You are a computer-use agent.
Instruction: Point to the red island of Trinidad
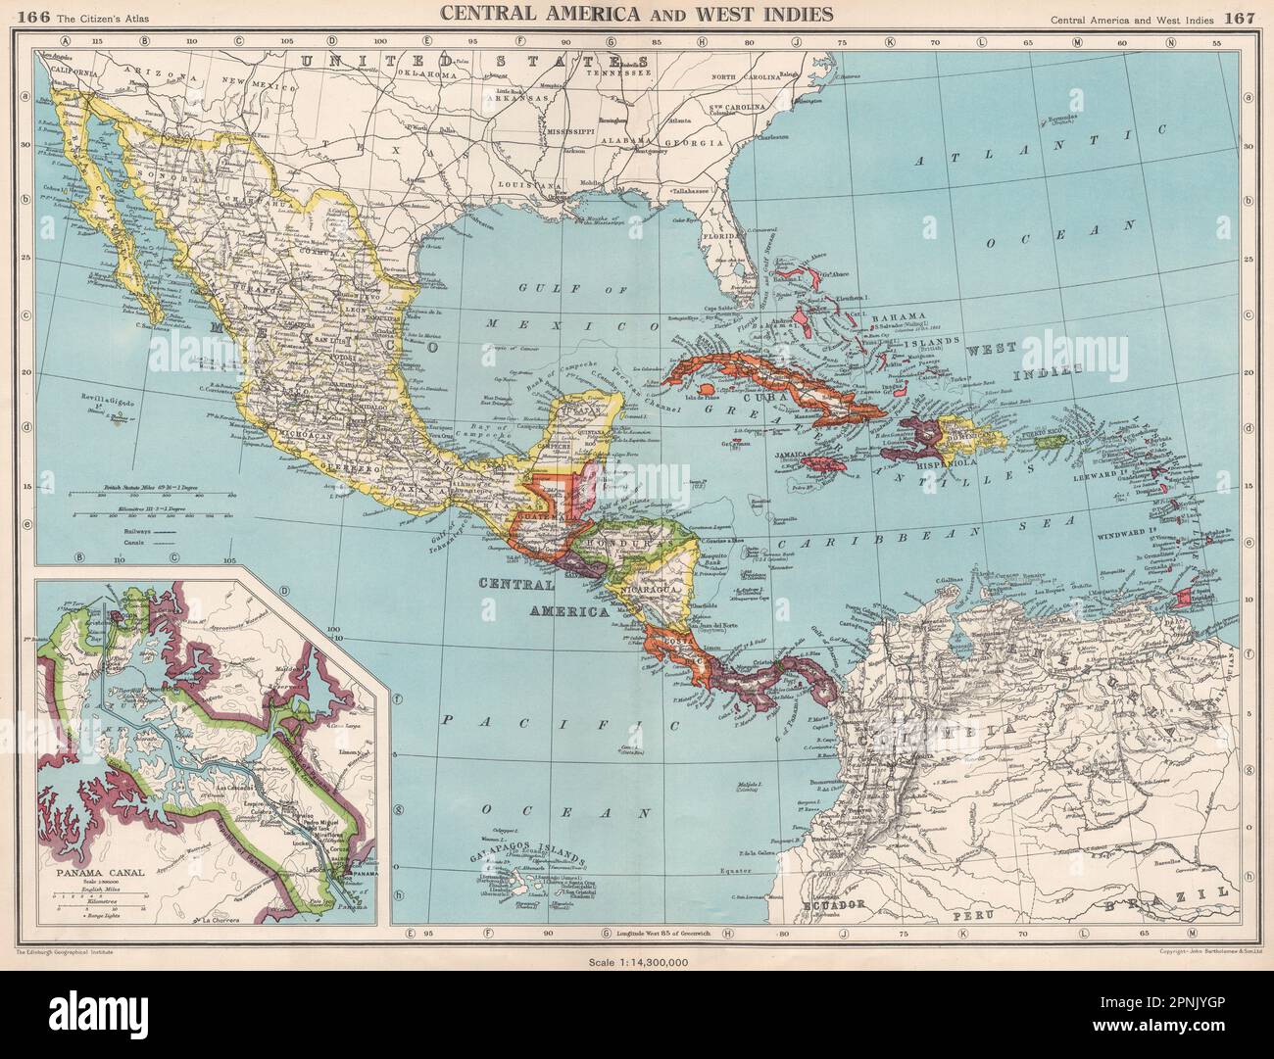[1187, 595]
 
